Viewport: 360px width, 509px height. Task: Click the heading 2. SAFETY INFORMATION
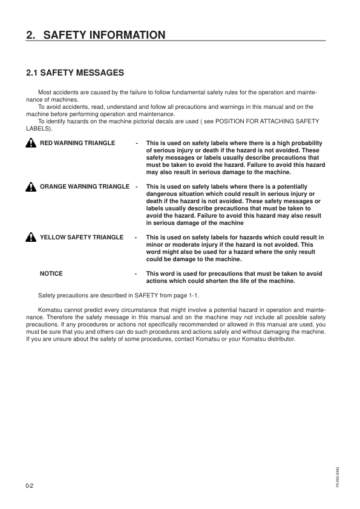pyautogui.click(x=96, y=35)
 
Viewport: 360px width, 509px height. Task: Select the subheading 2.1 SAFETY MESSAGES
pyautogui.click(x=75, y=73)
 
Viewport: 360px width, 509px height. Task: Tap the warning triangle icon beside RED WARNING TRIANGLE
pyautogui.click(x=31, y=143)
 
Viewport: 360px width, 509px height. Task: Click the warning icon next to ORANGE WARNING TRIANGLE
pyautogui.click(x=31, y=187)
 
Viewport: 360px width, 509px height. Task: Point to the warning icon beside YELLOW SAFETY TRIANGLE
pyautogui.click(x=31, y=238)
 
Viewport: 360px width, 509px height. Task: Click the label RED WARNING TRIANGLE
pyautogui.click(x=77, y=143)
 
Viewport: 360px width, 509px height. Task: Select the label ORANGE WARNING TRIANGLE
pyautogui.click(x=84, y=187)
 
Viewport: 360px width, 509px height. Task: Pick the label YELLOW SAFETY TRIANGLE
pyautogui.click(x=81, y=238)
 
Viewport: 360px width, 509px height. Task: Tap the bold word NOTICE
pyautogui.click(x=51, y=274)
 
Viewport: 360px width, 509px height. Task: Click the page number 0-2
pyautogui.click(x=30, y=486)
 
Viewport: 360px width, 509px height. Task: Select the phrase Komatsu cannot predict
pyautogui.click(x=68, y=310)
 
